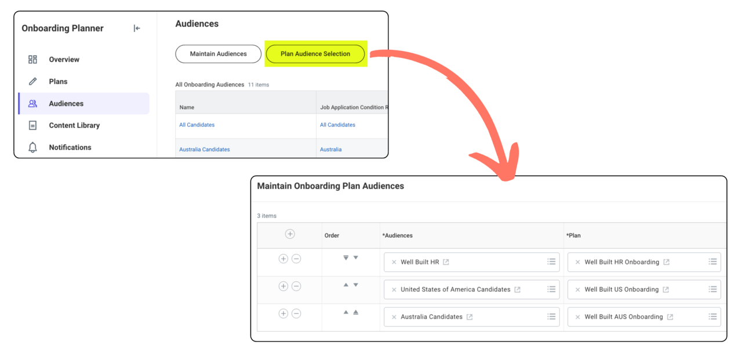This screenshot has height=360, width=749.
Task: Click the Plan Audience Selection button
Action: coord(315,54)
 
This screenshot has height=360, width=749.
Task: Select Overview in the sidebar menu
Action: coord(64,60)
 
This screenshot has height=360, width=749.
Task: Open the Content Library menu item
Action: coord(74,125)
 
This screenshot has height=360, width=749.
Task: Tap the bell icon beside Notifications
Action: coord(32,147)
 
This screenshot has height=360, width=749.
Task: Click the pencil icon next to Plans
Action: coord(32,81)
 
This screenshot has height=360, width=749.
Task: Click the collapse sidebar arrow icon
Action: coord(137,28)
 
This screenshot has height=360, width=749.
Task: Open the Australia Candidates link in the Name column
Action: coord(204,150)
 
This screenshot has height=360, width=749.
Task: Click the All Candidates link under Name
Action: coord(197,125)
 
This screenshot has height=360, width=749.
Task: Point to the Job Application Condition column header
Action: coord(354,107)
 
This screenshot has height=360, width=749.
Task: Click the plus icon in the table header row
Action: coord(290,234)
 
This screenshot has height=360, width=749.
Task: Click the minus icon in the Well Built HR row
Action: coord(296,259)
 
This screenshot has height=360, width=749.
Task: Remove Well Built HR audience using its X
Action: coord(394,262)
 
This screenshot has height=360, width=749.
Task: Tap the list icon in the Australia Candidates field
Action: coord(551,317)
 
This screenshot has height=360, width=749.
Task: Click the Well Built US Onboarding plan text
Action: coord(621,289)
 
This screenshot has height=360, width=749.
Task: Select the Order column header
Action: coord(332,235)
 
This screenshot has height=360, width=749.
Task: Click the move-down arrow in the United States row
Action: coord(356,285)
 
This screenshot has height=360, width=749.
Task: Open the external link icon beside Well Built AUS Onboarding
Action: coord(670,317)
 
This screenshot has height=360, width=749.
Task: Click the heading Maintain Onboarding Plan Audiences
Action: coord(330,186)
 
